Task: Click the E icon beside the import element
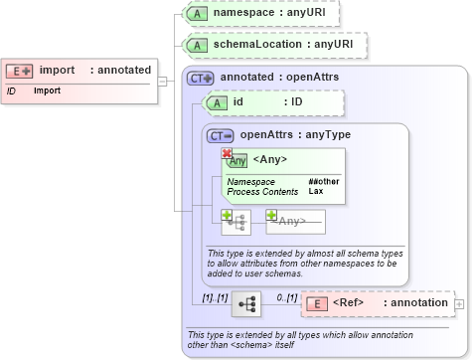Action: coord(20,71)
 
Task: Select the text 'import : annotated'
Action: coord(94,71)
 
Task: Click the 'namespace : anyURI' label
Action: coord(277,13)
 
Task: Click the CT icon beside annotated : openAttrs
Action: coord(201,77)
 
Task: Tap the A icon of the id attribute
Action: coord(215,102)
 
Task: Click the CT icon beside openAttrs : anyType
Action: coord(220,135)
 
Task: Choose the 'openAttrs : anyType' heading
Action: coord(295,135)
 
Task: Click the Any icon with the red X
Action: coord(236,160)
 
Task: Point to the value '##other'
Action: coord(323,182)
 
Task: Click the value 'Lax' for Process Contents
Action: coord(315,191)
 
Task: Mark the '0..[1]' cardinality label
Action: coord(287,297)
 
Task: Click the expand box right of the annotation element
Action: coord(459,303)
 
